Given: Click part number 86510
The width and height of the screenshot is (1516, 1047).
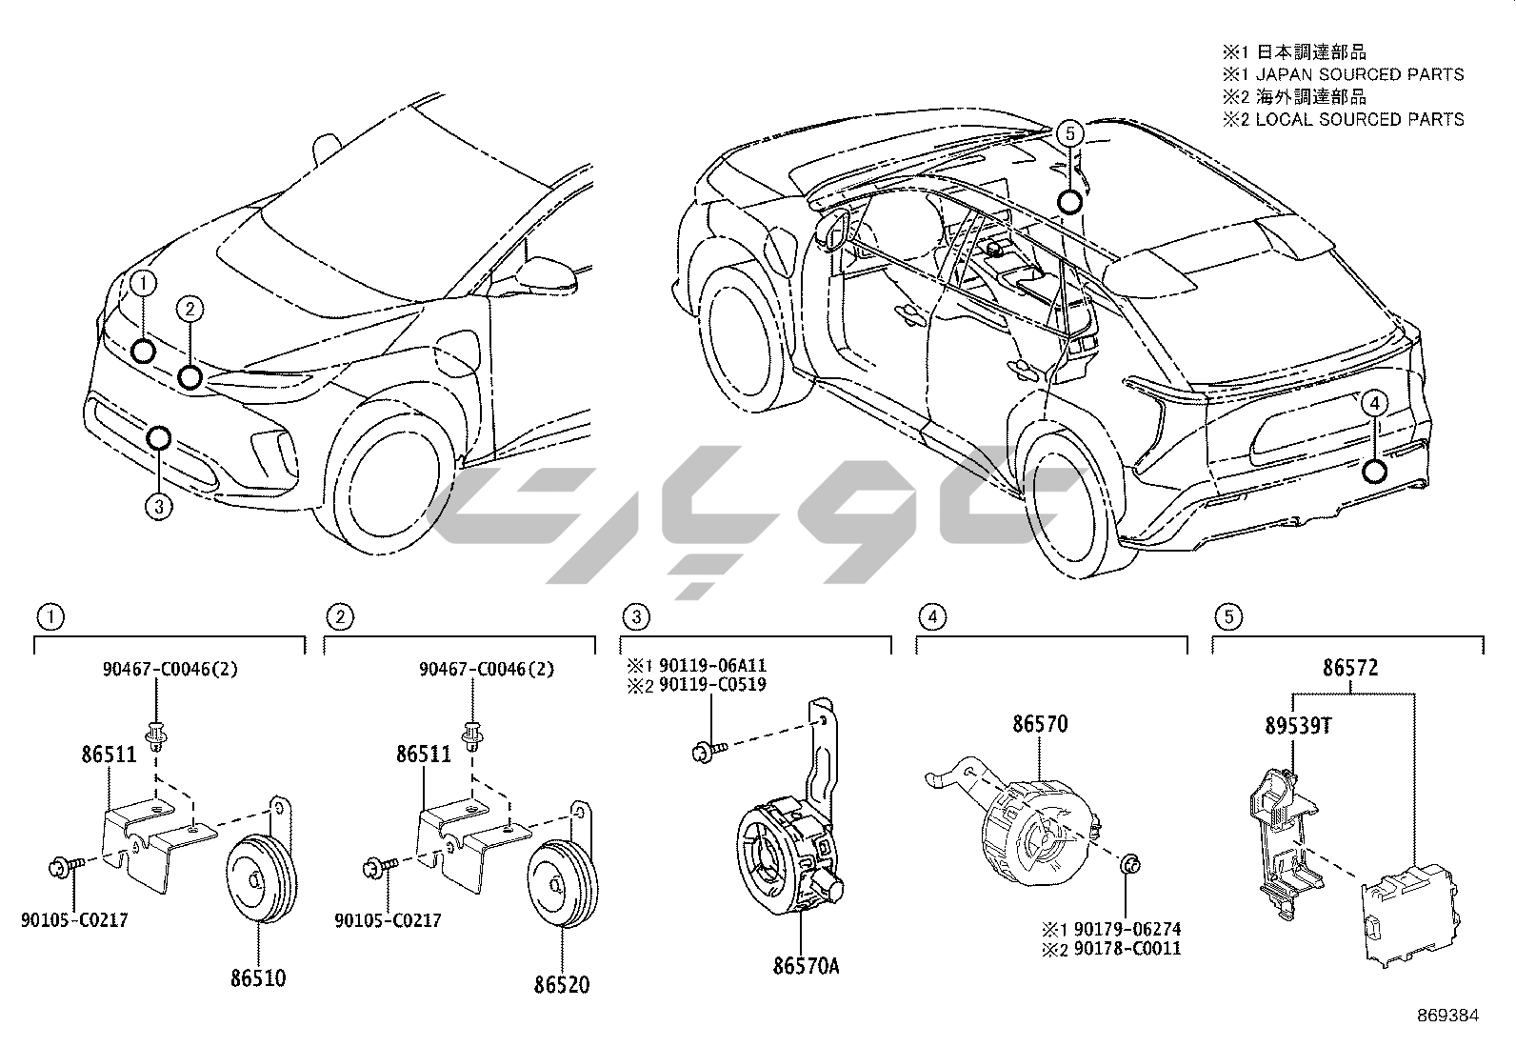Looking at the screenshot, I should point(257,977).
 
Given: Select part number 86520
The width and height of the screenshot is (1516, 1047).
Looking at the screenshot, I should point(561,983).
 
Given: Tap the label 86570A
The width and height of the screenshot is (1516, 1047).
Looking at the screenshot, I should point(806,966).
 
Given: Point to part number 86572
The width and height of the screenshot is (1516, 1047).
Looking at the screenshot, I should point(1349,668).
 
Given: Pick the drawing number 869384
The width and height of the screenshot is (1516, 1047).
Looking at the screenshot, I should point(1447,1016).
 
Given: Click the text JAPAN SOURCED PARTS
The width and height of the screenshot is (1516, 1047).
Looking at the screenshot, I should point(1360,74).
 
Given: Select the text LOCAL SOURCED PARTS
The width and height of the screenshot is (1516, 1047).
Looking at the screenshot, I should point(1360,120).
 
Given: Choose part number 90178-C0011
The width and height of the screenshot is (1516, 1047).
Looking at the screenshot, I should point(1126,949).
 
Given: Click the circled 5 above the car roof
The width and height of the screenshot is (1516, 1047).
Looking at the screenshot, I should point(1069,133).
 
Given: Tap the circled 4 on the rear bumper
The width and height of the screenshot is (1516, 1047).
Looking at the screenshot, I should point(1373,403).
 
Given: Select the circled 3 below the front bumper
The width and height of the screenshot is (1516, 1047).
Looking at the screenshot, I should point(159,506).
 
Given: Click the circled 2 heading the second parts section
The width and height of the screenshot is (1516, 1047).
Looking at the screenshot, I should point(338,616).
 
